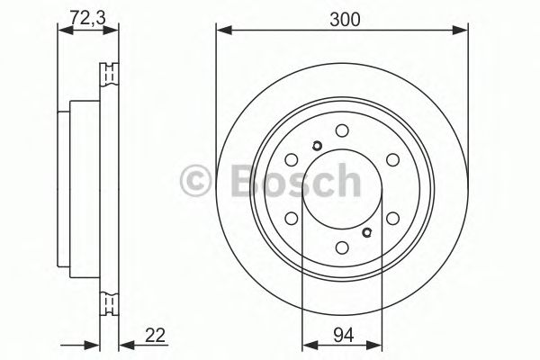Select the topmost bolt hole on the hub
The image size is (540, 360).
[341, 131]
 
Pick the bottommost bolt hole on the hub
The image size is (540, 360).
[341, 248]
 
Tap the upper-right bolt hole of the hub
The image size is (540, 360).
[391, 160]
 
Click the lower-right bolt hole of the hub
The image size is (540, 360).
[391, 219]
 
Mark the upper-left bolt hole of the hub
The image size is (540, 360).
[291, 160]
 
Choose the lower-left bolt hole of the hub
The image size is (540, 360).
[291, 219]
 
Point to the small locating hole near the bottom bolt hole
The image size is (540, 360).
[366, 232]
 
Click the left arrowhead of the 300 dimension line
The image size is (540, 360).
[221, 32]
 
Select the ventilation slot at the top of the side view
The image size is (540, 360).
[112, 73]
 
